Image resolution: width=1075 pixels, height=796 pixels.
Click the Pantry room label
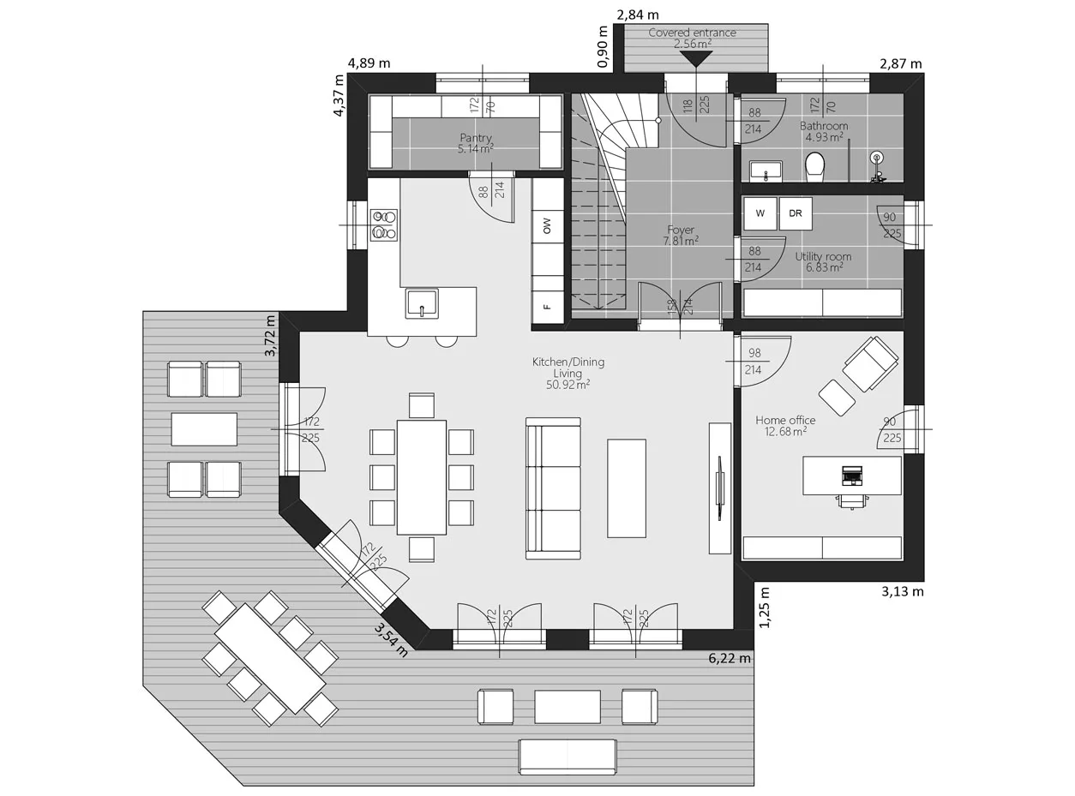pyautogui.click(x=476, y=138)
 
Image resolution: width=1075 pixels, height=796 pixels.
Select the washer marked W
pyautogui.click(x=760, y=213)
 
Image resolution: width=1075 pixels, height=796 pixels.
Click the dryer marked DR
pyautogui.click(x=796, y=213)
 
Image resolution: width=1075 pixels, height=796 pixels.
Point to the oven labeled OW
pyautogui.click(x=547, y=226)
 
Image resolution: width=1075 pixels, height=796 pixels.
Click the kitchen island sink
pyautogui.click(x=422, y=303)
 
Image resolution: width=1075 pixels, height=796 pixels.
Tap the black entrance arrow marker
pyautogui.click(x=695, y=58)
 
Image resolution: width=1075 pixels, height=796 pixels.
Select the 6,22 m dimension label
pyautogui.click(x=730, y=659)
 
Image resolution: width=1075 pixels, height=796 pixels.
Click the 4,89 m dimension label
pyautogui.click(x=369, y=63)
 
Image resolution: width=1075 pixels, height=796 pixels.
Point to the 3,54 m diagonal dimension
pyautogui.click(x=390, y=639)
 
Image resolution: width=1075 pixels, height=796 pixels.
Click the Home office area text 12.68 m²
pyautogui.click(x=785, y=432)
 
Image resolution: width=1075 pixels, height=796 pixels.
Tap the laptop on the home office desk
pyautogui.click(x=851, y=474)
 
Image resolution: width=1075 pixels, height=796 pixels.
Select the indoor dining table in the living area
pyautogui.click(x=422, y=476)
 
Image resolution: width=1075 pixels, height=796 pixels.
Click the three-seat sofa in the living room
pyautogui.click(x=554, y=488)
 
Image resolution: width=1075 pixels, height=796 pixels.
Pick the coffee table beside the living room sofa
pyautogui.click(x=626, y=488)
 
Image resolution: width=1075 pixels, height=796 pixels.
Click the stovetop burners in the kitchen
pyautogui.click(x=383, y=224)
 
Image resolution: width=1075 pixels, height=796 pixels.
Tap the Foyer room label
pyautogui.click(x=681, y=230)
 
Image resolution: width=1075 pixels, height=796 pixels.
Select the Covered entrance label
pyautogui.click(x=692, y=33)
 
